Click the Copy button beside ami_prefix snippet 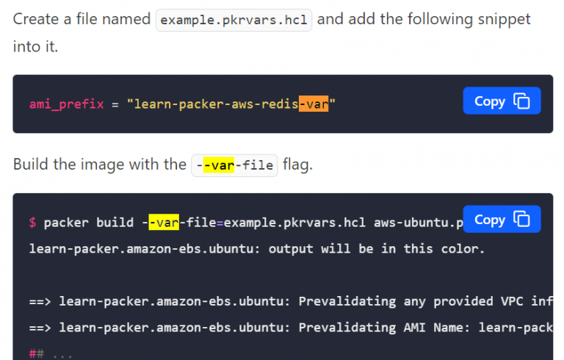(502, 101)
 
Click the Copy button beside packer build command (502, 219)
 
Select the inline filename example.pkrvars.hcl (234, 20)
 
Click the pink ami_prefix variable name (67, 104)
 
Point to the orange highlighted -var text (314, 104)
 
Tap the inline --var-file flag (234, 165)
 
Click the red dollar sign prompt (33, 223)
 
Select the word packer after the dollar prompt (66, 223)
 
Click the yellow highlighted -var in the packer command (164, 223)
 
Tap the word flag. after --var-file (297, 165)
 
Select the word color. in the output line (463, 249)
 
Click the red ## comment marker (36, 353)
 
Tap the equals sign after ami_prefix (115, 105)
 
